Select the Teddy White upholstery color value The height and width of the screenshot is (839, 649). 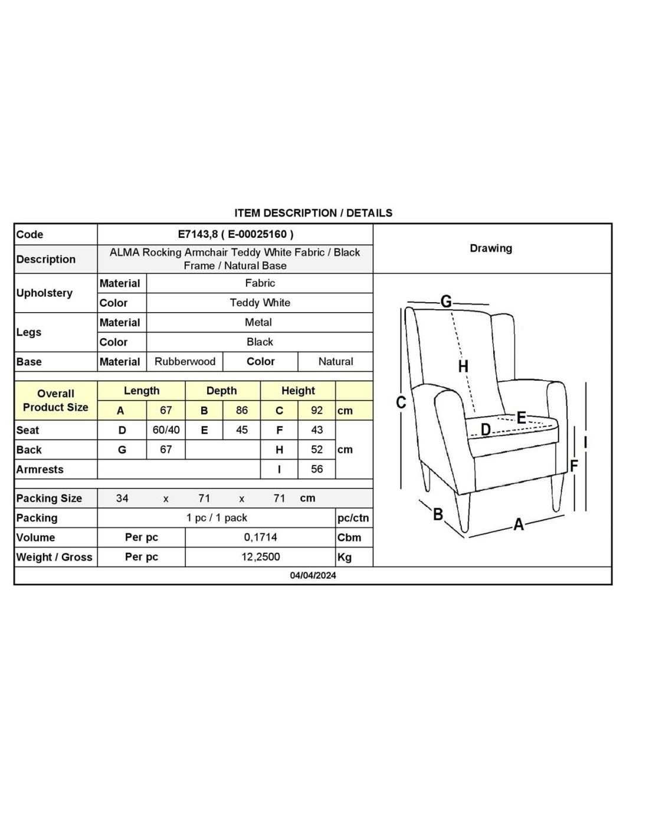click(x=260, y=303)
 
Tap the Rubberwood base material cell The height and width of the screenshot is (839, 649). click(x=185, y=362)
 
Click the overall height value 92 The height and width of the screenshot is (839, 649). click(x=317, y=411)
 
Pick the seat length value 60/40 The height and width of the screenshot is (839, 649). click(x=166, y=430)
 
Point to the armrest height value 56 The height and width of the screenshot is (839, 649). click(x=317, y=469)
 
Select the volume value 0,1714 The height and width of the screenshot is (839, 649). click(x=260, y=538)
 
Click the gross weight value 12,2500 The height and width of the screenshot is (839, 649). click(x=260, y=557)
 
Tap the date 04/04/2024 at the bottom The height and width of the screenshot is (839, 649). click(x=313, y=575)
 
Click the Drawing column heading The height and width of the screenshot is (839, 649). click(x=491, y=248)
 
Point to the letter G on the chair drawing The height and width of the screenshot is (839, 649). click(x=446, y=301)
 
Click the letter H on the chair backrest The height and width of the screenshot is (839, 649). click(x=463, y=366)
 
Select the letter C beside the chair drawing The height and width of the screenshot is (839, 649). click(x=401, y=402)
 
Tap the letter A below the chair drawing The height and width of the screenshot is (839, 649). click(x=519, y=524)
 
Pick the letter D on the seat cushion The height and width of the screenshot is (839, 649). click(x=486, y=430)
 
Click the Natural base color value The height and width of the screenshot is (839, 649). click(x=336, y=362)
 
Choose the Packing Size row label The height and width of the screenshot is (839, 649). click(x=50, y=499)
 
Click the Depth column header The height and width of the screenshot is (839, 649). click(x=222, y=391)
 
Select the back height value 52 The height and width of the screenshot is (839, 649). click(x=317, y=450)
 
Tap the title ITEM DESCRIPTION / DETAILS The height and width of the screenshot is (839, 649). click(x=313, y=213)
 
